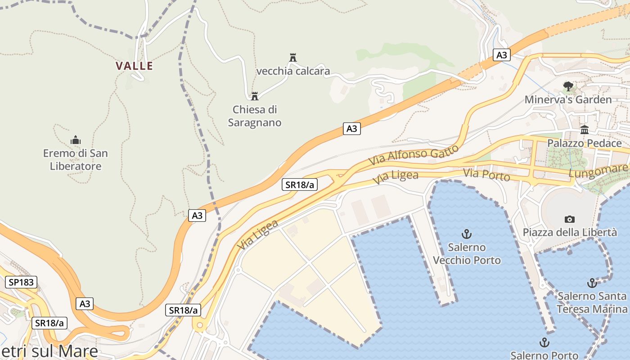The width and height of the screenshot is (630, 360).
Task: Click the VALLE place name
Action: [x=134, y=66]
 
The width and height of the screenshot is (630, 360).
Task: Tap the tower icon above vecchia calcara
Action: [x=293, y=57]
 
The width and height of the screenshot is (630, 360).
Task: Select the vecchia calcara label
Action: [x=293, y=71]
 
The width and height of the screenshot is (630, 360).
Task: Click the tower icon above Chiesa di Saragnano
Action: [x=255, y=96]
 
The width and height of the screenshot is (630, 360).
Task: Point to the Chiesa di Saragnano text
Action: [x=255, y=116]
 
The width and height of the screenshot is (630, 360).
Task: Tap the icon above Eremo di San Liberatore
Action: [x=76, y=140]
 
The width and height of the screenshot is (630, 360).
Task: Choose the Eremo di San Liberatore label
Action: [x=76, y=160]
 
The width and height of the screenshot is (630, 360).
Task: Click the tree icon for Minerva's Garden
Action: [x=568, y=86]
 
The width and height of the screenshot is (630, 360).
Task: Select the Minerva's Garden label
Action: [x=568, y=99]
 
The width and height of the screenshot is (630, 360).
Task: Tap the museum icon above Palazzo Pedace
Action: [x=585, y=130]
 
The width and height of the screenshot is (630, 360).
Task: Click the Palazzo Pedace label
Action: [x=585, y=144]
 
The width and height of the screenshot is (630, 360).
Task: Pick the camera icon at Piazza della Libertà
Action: [x=570, y=219]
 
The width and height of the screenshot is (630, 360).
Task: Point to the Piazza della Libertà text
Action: [x=570, y=233]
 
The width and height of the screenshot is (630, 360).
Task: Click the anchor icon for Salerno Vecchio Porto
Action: [x=467, y=234]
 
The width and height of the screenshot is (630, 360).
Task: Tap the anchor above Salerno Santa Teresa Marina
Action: [x=592, y=283]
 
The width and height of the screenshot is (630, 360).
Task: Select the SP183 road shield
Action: [x=21, y=282]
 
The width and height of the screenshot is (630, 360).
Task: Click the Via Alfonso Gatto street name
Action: [x=414, y=154]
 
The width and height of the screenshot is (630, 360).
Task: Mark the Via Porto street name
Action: [x=487, y=175]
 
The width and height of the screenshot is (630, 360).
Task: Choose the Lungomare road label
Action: [x=598, y=171]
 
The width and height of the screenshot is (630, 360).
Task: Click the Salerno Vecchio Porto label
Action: [x=467, y=254]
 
